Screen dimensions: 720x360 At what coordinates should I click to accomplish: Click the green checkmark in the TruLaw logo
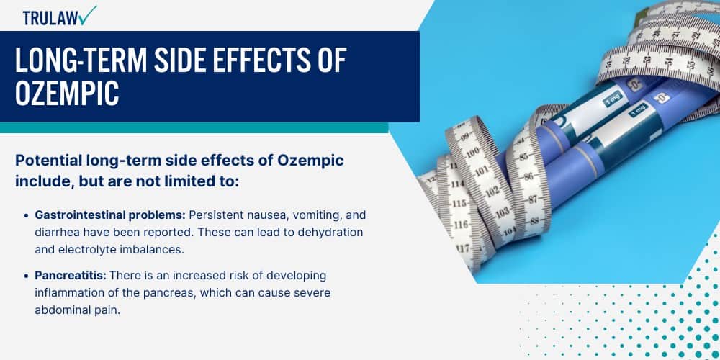coord(88,15)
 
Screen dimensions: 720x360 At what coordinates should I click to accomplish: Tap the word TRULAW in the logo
coord(50,18)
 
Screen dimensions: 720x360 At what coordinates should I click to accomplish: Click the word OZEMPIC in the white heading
coord(67,93)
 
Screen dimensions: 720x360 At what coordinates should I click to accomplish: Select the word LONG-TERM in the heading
coord(81,60)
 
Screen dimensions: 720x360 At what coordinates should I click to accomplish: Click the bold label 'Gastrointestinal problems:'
coord(110,215)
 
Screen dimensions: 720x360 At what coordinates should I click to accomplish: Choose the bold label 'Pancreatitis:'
coord(71,276)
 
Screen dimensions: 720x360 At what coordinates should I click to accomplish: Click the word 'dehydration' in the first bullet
coord(330,233)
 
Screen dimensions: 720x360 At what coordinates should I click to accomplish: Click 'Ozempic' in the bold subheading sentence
coord(318,161)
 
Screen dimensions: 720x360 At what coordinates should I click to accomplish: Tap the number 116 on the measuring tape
coord(461,225)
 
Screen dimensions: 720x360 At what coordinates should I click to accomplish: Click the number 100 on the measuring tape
coord(472,153)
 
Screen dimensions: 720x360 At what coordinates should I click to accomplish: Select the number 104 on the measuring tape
coord(510,231)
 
